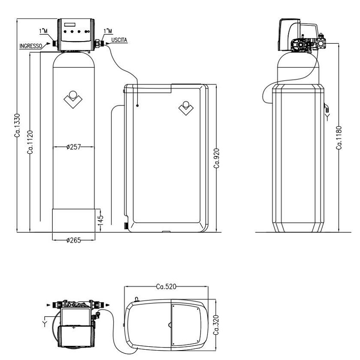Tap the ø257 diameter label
point(74,147)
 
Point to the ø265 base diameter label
point(74,240)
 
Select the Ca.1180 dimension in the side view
point(339,137)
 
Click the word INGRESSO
point(30,45)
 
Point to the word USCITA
point(119,40)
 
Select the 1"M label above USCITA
point(108,31)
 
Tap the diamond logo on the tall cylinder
point(73,98)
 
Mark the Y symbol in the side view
point(328,115)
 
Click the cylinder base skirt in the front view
point(74,220)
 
